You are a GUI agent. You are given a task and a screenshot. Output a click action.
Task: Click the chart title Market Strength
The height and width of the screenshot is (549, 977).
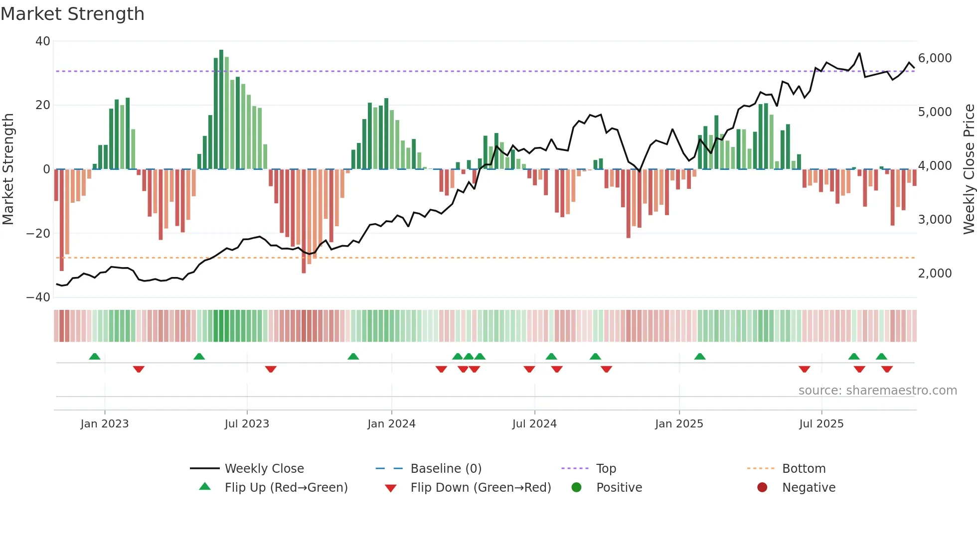pyautogui.click(x=72, y=14)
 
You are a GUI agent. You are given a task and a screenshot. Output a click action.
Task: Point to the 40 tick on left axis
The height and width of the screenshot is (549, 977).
pyautogui.click(x=43, y=41)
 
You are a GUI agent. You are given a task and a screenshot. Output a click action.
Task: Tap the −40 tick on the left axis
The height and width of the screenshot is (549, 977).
pyautogui.click(x=39, y=297)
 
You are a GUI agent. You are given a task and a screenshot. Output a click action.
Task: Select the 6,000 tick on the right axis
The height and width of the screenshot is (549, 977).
pyautogui.click(x=935, y=58)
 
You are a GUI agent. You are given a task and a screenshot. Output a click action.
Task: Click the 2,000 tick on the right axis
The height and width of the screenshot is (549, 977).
pyautogui.click(x=935, y=274)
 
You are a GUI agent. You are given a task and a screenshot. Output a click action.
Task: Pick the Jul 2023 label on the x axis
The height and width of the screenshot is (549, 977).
pyautogui.click(x=247, y=424)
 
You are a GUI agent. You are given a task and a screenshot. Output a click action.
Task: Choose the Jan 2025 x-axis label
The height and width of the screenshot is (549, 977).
pyautogui.click(x=679, y=424)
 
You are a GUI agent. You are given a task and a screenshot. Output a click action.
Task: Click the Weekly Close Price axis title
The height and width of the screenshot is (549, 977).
pyautogui.click(x=969, y=169)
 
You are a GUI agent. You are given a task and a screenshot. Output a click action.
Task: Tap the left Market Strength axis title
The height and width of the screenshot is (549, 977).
pyautogui.click(x=8, y=169)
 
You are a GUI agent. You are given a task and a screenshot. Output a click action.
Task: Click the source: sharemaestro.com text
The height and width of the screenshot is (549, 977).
pyautogui.click(x=877, y=391)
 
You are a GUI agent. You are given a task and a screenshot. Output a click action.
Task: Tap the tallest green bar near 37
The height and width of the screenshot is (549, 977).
pyautogui.click(x=221, y=110)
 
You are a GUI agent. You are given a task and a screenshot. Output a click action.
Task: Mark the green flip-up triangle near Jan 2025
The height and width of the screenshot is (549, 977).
pyautogui.click(x=700, y=357)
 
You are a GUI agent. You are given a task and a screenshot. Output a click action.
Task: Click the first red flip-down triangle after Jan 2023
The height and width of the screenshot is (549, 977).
pyautogui.click(x=139, y=369)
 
